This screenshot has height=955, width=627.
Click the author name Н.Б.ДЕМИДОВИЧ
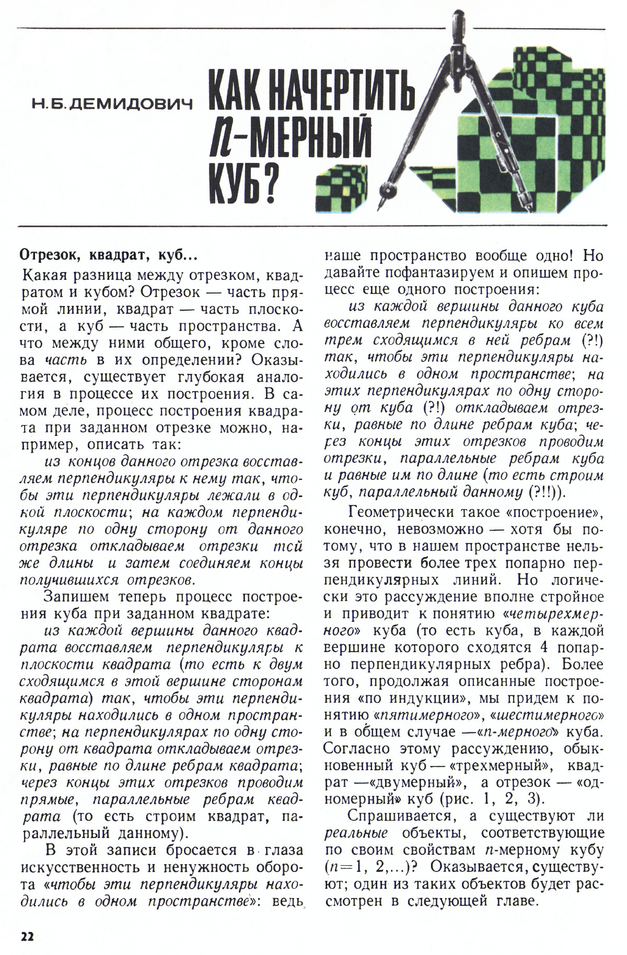(x=111, y=104)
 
